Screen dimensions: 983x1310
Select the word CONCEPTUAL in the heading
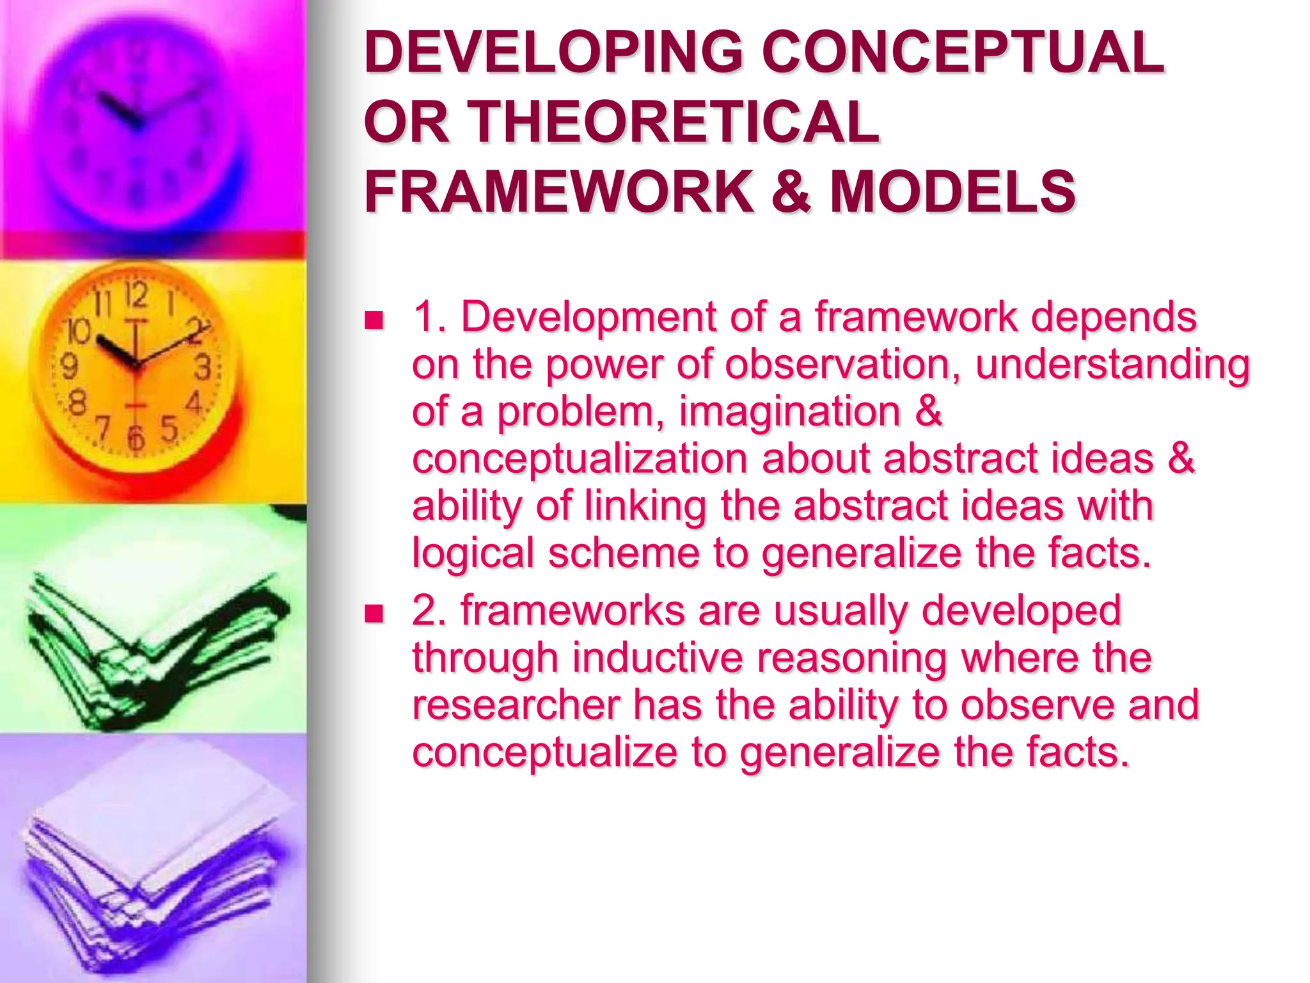pos(962,52)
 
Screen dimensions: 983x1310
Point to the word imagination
pos(789,411)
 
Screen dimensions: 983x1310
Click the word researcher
pos(516,705)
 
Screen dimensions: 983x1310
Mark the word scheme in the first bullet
pos(624,552)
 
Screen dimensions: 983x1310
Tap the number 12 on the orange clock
pos(136,296)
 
